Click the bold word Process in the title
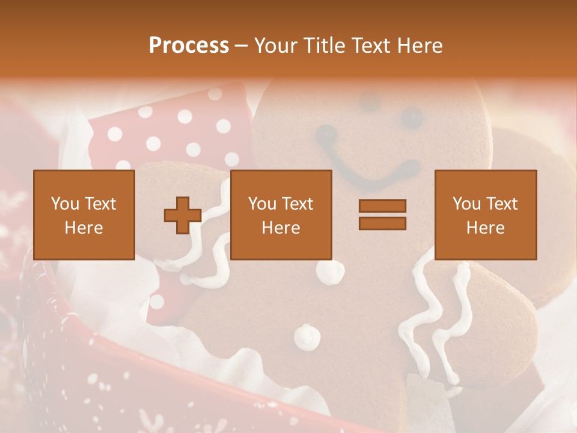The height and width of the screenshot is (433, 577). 189,46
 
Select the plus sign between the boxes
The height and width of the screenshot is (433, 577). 183,215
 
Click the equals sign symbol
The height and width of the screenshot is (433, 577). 382,215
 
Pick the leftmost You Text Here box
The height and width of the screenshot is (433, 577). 84,215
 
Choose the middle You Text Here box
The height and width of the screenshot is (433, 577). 281,215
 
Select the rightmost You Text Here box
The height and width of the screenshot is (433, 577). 485,215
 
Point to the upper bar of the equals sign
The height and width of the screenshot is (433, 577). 382,206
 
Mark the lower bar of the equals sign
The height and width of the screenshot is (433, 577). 382,223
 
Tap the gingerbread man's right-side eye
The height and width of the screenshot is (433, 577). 412,117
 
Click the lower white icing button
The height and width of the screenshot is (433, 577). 307,336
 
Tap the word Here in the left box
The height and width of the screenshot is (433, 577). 84,228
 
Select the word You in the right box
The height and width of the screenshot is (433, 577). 466,204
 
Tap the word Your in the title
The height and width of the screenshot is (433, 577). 275,46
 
